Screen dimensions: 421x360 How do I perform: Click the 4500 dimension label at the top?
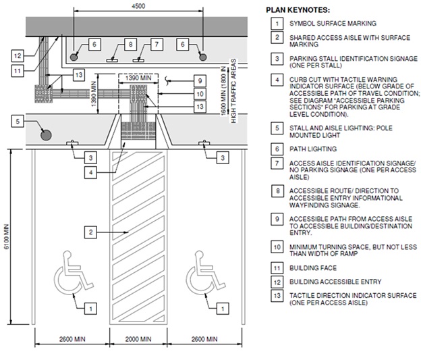tap(138, 6)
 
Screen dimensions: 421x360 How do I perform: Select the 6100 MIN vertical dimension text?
tap(7, 236)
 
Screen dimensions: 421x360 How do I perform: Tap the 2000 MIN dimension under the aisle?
tap(138, 339)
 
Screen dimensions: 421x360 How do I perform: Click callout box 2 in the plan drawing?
tap(91, 232)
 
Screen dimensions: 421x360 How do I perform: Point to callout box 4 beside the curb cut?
tap(91, 172)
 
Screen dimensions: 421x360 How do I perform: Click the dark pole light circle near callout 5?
tap(46, 134)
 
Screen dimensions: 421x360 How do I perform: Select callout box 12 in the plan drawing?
tap(18, 56)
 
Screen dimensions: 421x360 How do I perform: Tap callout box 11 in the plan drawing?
tap(18, 71)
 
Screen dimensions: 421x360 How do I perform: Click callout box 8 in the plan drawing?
tap(130, 44)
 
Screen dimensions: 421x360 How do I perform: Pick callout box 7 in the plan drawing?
tap(157, 44)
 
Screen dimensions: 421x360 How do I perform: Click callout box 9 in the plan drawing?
tap(200, 81)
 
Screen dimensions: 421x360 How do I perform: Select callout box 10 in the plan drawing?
tap(200, 94)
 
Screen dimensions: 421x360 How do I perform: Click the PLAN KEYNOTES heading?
tap(298, 10)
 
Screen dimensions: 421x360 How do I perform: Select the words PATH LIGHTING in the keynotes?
tap(313, 149)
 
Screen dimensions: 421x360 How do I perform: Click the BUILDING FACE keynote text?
tap(313, 268)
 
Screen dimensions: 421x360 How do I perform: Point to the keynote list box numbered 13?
tap(277, 296)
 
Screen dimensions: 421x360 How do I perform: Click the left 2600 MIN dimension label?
tap(72, 339)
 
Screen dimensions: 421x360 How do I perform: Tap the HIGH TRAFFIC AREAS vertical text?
tap(233, 91)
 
